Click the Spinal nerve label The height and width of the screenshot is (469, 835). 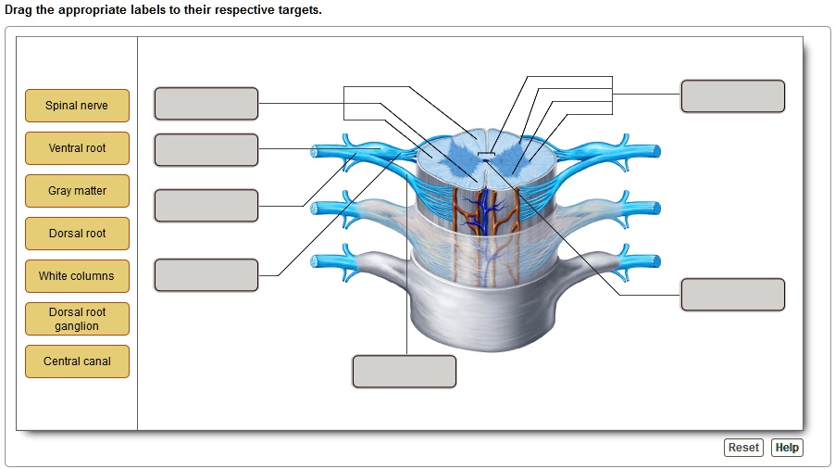[x=77, y=106]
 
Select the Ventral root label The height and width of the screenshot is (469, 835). [x=77, y=148]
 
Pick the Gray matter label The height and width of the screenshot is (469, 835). [x=77, y=191]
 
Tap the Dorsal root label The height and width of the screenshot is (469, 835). [x=77, y=234]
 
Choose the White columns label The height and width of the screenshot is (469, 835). [x=77, y=276]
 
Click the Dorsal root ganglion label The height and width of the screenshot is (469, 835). [x=77, y=319]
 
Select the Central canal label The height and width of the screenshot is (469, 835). [x=77, y=361]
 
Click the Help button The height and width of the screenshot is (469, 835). [x=787, y=448]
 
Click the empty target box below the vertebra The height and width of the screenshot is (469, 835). [x=404, y=372]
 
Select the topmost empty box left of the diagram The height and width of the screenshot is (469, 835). [x=206, y=104]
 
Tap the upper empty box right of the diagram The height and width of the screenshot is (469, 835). [x=732, y=96]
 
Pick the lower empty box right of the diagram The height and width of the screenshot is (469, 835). [x=732, y=295]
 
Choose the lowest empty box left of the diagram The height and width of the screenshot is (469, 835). [x=206, y=275]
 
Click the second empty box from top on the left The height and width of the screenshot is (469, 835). [x=206, y=150]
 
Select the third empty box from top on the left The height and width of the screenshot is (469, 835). [x=206, y=206]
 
